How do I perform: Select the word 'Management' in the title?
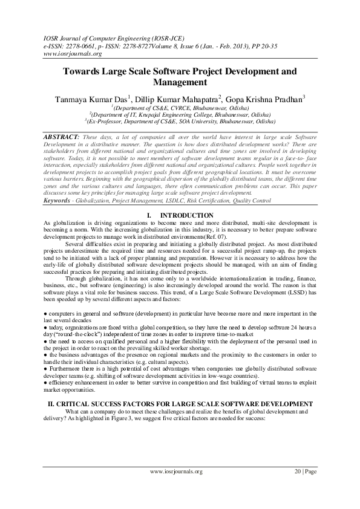click(180, 82)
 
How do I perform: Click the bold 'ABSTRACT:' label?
click(62, 137)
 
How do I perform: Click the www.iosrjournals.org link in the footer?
click(175, 488)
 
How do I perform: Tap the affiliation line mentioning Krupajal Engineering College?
click(180, 114)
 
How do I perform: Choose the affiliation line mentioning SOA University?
click(180, 120)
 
